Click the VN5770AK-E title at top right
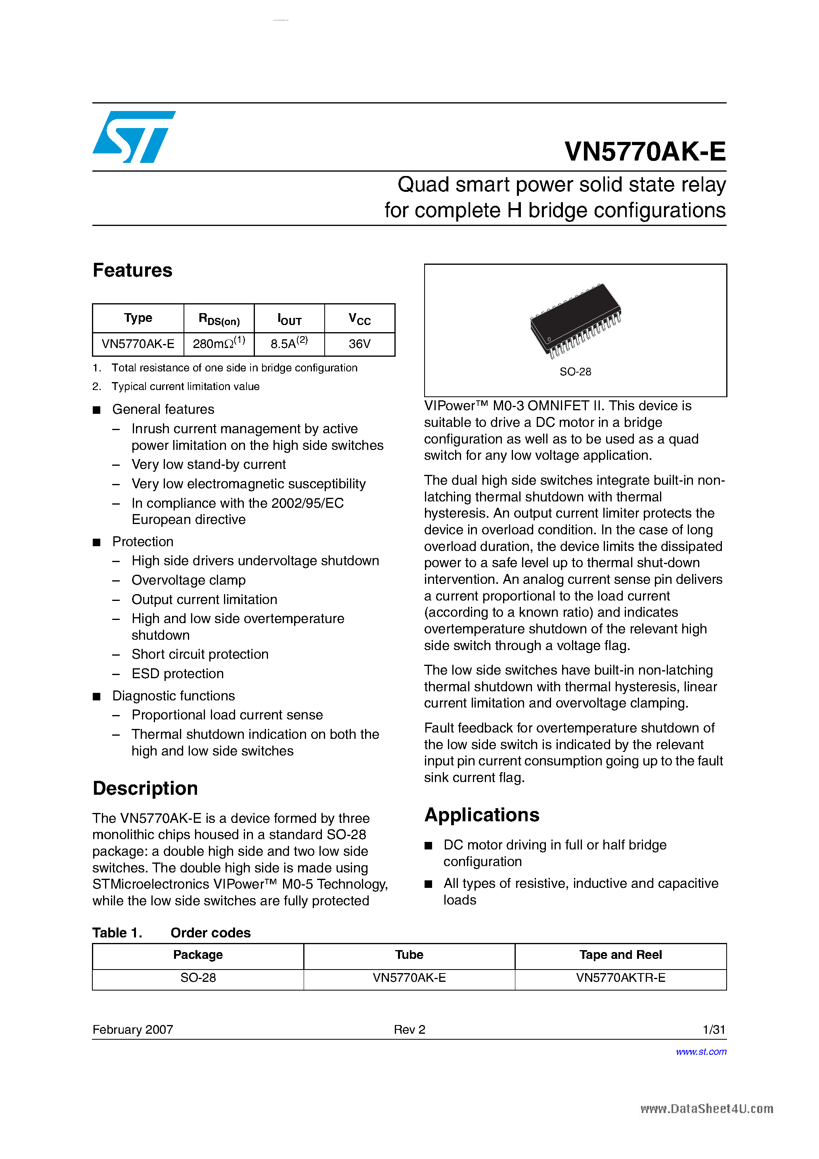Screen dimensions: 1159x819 coord(645,151)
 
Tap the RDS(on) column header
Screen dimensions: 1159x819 coord(219,319)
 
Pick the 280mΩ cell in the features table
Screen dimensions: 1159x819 coord(219,344)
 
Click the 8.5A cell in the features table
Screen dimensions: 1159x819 coord(289,344)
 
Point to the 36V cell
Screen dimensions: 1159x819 coord(360,344)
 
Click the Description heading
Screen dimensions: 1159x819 coord(145,788)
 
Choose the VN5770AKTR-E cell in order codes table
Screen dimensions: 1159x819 coord(620,978)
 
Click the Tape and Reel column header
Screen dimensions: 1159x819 coord(620,954)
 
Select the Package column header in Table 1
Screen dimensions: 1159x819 coord(198,954)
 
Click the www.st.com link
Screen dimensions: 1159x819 coord(701,1052)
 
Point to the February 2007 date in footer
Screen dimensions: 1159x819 coord(133,1030)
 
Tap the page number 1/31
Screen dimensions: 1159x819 coord(714,1030)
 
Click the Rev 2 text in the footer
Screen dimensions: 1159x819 coord(409,1030)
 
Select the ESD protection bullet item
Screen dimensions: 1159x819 coord(177,674)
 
